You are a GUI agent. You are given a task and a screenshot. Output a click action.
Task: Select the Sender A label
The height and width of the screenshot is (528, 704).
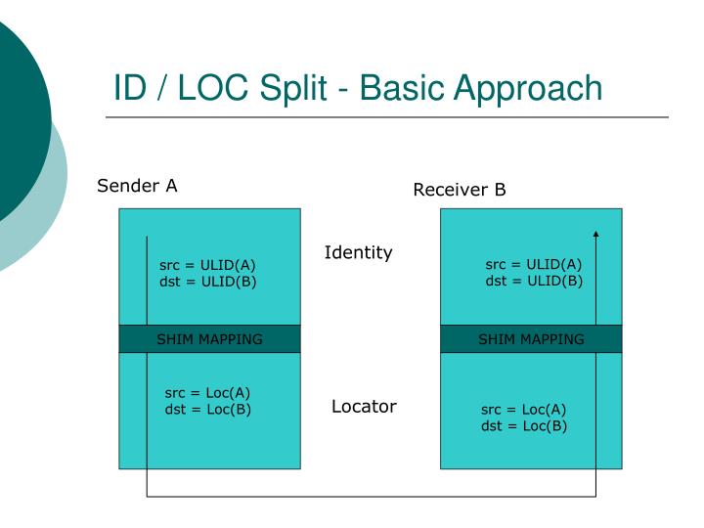pos(137,186)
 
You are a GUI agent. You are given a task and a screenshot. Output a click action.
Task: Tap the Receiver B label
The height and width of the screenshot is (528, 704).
pos(460,190)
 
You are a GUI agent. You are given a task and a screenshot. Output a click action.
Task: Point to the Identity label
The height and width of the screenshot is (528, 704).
pos(358,253)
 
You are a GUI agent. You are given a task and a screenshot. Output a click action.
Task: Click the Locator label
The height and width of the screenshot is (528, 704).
pos(364,407)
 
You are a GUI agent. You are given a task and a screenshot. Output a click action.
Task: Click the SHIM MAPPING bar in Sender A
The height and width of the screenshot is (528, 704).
pos(209,339)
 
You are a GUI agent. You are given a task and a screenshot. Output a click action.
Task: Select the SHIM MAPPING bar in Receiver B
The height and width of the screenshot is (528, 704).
pos(531,339)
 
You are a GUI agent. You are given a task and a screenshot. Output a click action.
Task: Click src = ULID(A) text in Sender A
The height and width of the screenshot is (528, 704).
pos(207,265)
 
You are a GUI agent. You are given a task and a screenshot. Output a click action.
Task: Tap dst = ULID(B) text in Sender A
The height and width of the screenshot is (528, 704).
pos(207,282)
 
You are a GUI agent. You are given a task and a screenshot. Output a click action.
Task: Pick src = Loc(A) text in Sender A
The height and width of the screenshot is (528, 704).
pos(207,393)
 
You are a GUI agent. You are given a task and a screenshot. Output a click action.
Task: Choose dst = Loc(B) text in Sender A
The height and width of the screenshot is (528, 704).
pos(207,409)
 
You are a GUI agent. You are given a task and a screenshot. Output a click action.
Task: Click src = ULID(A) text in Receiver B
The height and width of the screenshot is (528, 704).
pos(534,265)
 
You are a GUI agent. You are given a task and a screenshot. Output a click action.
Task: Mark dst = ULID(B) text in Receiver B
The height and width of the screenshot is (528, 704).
pos(534,282)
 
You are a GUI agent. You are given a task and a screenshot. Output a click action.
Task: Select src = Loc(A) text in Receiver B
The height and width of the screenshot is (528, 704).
pos(524,410)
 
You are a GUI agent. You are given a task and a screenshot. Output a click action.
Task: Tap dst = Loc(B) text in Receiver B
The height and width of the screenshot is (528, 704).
pos(524,425)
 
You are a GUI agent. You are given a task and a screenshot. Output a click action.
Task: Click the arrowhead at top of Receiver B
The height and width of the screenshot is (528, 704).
pos(595,234)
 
